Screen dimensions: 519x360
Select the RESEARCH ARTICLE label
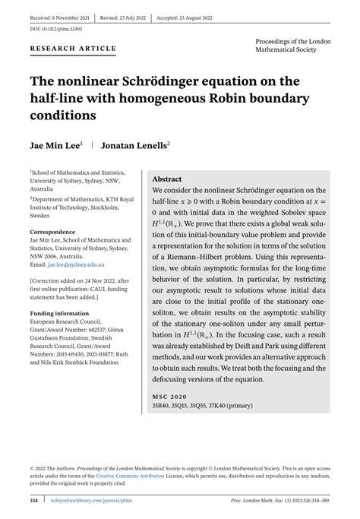click(x=73, y=49)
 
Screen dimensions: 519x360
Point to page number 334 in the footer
click(x=34, y=501)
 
